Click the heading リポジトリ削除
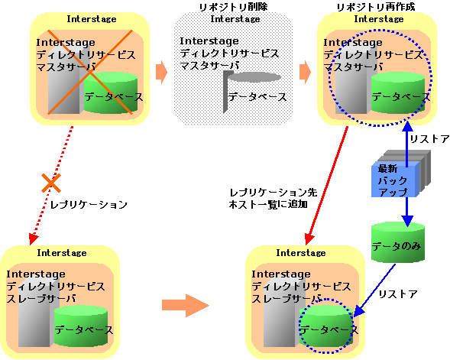click(x=233, y=7)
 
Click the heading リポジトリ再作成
click(x=376, y=7)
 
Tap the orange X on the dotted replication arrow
click(x=51, y=183)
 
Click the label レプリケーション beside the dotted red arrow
click(x=89, y=205)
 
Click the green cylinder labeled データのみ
click(x=398, y=242)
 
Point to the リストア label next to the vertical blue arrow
click(x=429, y=139)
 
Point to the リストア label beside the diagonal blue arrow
click(x=398, y=294)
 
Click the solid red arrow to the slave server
click(x=326, y=186)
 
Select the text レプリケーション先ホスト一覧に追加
click(x=274, y=199)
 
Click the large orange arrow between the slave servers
click(x=186, y=305)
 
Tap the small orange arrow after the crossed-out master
click(x=161, y=72)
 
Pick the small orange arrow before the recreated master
click(x=306, y=72)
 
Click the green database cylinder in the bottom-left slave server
click(x=81, y=326)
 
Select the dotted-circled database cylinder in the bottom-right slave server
click(x=326, y=326)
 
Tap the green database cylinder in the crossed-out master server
click(x=111, y=92)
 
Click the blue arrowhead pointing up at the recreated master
click(x=407, y=127)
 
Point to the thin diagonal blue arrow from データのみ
click(x=374, y=290)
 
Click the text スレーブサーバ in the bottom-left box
click(x=41, y=299)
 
